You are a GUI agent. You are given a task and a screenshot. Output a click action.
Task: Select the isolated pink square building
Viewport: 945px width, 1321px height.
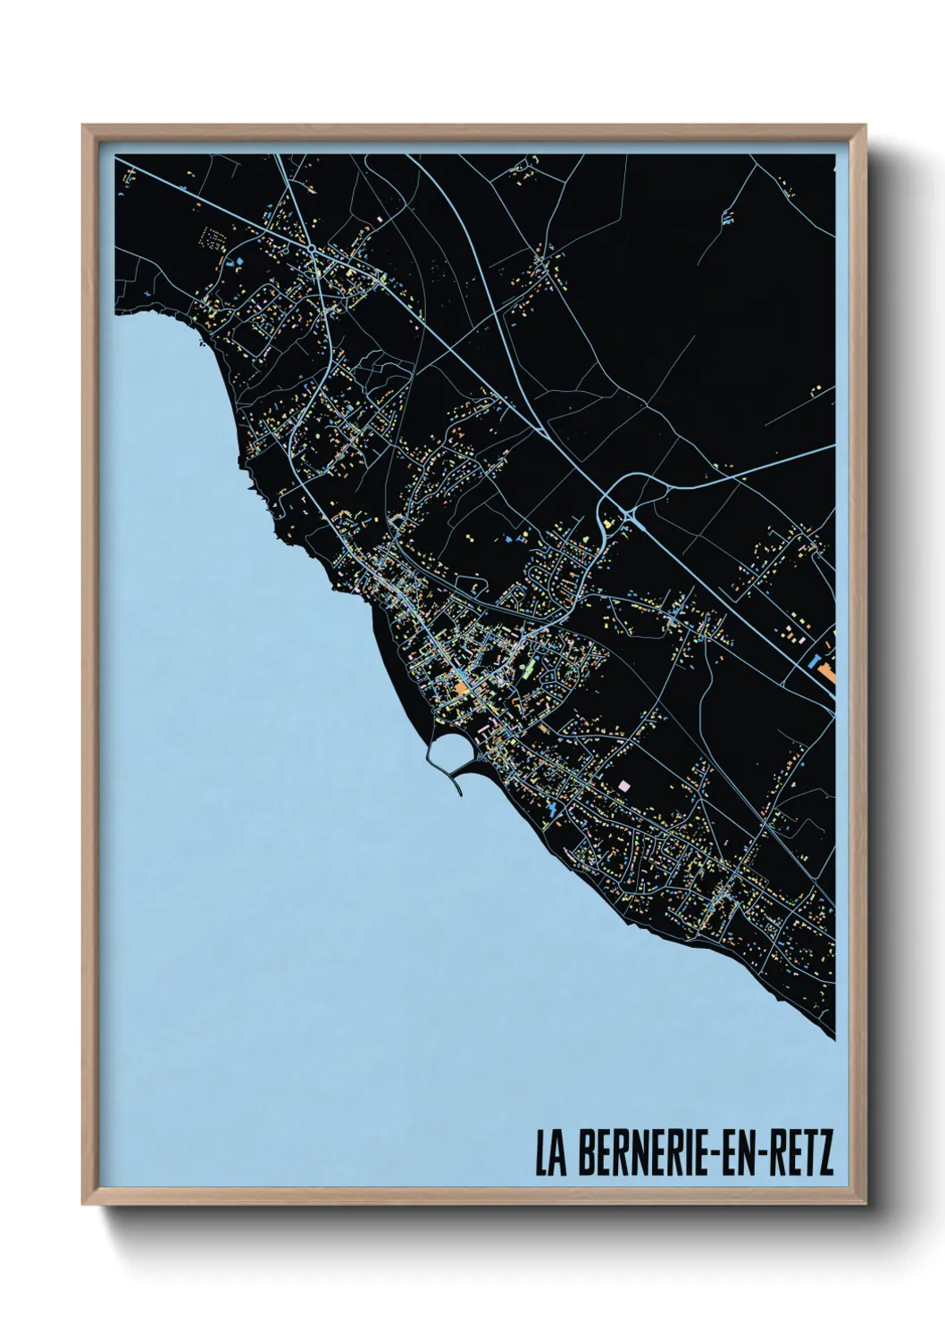click(x=623, y=784)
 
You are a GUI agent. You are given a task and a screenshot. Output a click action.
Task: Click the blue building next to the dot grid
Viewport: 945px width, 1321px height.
click(x=238, y=262)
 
